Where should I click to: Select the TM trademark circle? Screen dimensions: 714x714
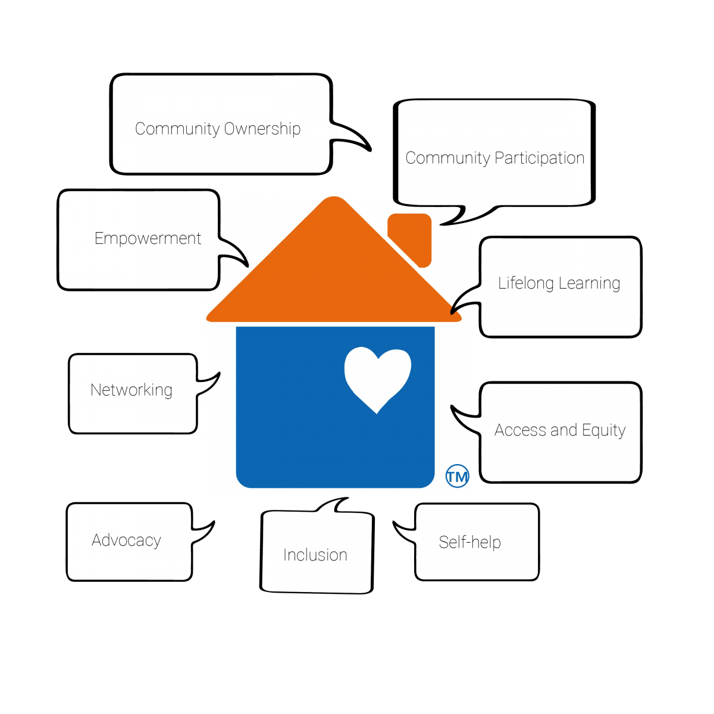[458, 476]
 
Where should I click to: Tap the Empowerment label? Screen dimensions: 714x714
[148, 239]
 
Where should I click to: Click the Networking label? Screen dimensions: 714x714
[131, 390]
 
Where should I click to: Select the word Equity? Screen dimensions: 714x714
[603, 430]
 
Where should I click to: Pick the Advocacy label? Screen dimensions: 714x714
[126, 540]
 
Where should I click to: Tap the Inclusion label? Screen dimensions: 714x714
[315, 555]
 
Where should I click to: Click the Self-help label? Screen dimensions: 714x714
[470, 542]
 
